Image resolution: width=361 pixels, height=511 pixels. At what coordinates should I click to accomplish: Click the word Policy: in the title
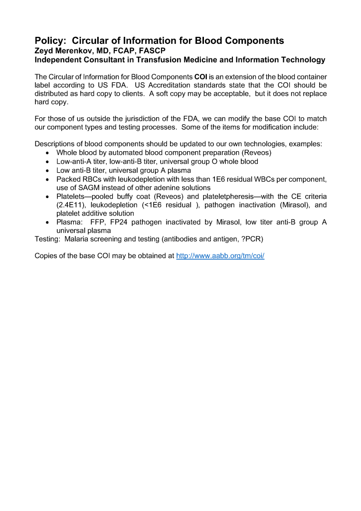coord(50,41)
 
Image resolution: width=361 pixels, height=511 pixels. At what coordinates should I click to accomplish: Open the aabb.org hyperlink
coord(220,256)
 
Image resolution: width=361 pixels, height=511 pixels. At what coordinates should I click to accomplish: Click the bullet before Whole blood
coord(47,153)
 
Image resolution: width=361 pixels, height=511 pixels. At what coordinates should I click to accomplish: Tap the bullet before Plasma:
coord(47,223)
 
